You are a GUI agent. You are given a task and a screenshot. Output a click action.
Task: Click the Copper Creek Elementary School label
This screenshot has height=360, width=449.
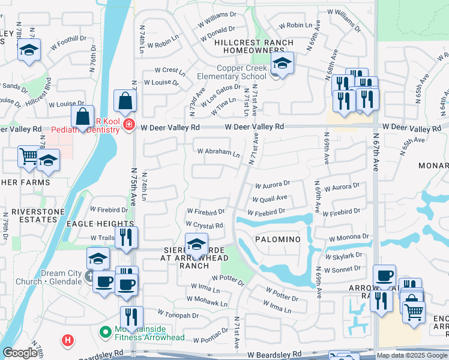tap(234, 72)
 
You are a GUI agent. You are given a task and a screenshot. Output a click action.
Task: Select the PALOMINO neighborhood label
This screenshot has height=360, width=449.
tap(277, 239)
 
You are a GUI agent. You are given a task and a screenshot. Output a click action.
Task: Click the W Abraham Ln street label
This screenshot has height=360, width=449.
tap(218, 152)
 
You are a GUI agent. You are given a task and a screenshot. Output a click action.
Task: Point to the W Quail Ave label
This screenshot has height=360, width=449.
tap(270, 198)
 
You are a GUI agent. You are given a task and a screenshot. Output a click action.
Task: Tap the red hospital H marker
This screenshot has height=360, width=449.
tap(68, 341)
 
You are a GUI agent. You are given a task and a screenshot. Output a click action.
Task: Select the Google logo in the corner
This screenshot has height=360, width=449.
tap(20, 353)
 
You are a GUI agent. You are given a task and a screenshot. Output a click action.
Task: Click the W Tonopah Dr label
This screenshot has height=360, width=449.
tap(178, 314)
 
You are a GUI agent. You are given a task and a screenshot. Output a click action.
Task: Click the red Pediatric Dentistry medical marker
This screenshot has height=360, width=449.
tap(127, 124)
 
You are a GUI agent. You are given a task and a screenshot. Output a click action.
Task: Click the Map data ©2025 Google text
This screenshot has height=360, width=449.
tap(412, 355)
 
